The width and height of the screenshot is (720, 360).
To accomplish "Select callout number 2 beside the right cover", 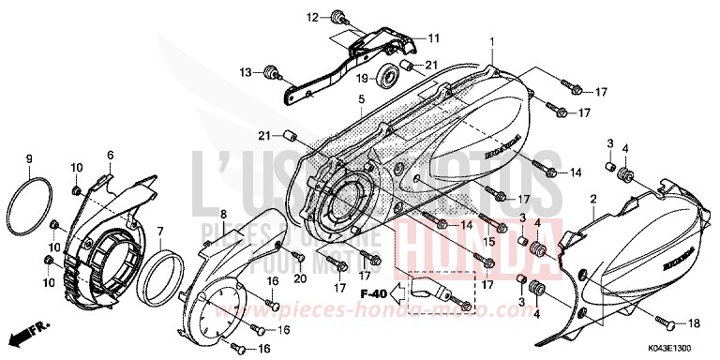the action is coord(593,200).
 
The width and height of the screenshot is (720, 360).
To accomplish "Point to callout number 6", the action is coord(110,155).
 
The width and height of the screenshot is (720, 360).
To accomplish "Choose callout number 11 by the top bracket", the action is coord(434,37).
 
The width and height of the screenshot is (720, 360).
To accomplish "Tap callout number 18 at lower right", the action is coord(694,323).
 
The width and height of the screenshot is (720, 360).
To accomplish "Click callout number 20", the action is coord(301,279).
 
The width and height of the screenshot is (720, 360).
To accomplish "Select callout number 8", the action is coord(223,215).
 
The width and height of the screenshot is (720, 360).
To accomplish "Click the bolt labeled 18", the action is coord(668,323).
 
